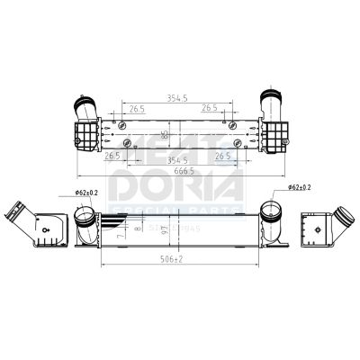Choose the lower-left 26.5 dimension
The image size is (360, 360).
point(112,155)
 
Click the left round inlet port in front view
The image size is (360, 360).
point(86,216)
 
